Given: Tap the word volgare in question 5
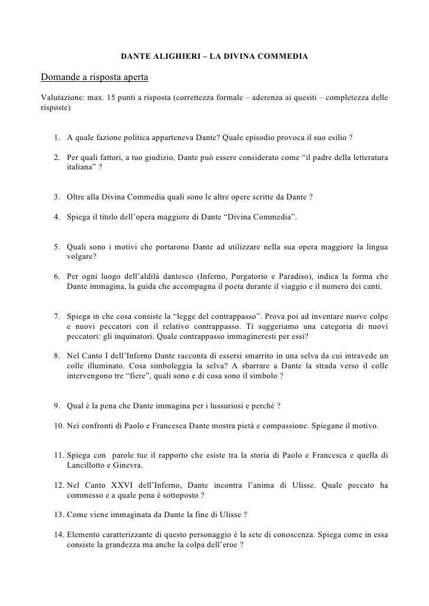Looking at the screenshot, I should click(81, 256).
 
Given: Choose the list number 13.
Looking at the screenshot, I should click(58, 514).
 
